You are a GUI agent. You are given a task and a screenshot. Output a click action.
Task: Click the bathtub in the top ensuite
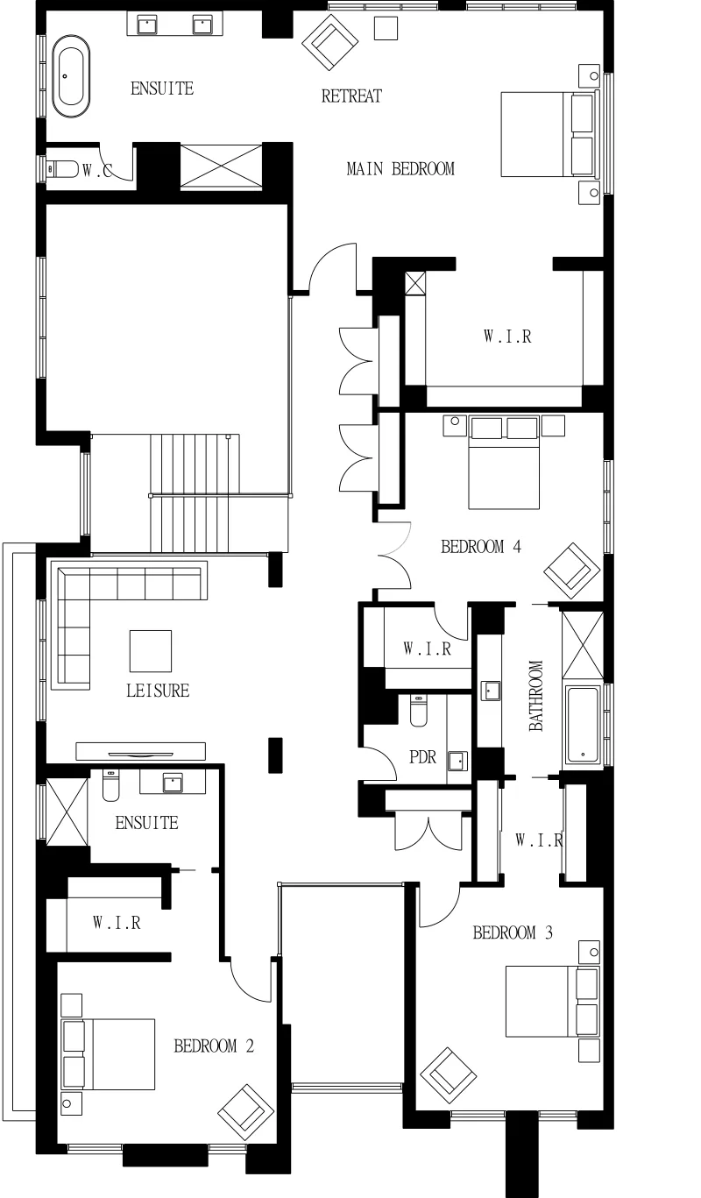point(71,76)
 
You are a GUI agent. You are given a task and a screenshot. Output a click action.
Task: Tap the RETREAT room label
point(351,96)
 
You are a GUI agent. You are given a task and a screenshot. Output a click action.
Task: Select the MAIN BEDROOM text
point(400,169)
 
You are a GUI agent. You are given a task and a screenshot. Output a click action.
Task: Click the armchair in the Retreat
point(330,42)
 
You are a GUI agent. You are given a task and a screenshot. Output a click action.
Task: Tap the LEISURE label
point(158,691)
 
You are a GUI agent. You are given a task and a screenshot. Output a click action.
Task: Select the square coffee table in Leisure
point(151,651)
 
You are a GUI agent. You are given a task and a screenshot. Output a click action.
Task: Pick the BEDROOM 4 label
point(481,547)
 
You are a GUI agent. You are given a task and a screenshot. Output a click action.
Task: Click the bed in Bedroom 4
point(504,463)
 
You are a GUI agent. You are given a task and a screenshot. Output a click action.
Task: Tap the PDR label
point(422,757)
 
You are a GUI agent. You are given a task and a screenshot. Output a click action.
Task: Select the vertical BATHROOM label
point(536,696)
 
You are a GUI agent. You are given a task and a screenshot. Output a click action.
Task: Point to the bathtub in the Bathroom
point(583,725)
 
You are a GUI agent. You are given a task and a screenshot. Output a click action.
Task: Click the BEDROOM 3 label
point(513,932)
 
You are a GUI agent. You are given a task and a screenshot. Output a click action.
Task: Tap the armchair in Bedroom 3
point(448,1075)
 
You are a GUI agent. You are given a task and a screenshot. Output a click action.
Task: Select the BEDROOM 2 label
point(214,1046)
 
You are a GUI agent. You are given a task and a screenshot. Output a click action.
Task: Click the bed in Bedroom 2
point(109,1053)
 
